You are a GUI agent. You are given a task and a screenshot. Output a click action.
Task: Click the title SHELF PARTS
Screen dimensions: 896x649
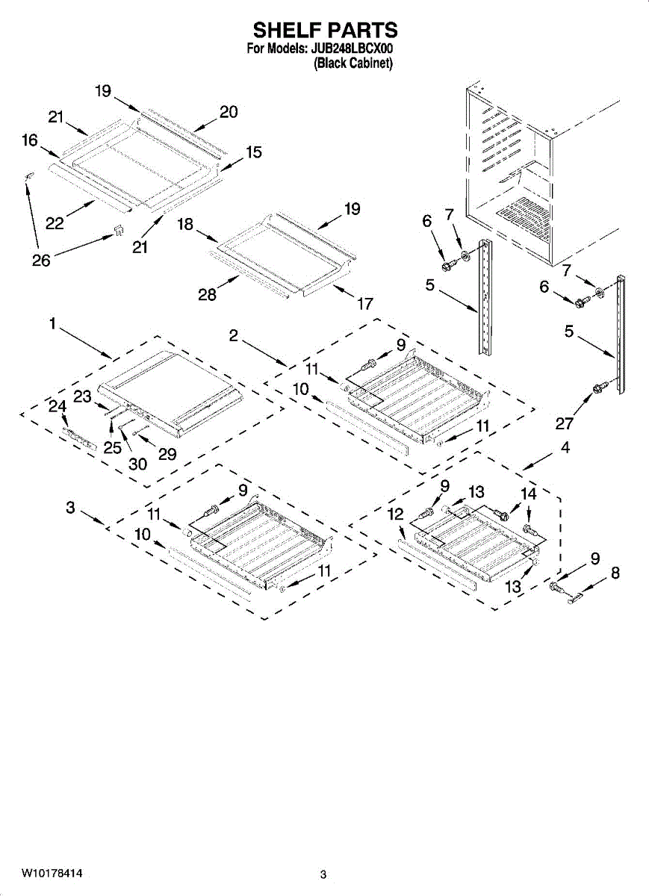324,31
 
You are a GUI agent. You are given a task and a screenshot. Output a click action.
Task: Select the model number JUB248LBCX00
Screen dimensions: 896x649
351,50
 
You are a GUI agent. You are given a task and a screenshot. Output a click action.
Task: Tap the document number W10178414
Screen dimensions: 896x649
52,873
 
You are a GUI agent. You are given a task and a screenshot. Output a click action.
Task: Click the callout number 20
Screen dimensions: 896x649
229,112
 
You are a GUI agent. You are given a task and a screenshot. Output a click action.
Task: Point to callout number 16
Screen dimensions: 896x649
29,140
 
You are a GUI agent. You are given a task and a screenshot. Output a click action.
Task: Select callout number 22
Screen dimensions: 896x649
55,223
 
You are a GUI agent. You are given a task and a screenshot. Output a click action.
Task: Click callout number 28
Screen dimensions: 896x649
207,295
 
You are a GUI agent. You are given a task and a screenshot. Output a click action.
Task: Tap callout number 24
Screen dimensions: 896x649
58,406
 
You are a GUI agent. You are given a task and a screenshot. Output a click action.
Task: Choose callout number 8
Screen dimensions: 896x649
615,573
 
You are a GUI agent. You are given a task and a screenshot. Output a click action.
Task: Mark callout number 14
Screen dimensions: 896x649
528,494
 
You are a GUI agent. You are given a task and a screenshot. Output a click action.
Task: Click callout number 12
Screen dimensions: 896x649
396,514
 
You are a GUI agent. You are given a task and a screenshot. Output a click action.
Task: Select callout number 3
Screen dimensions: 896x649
70,507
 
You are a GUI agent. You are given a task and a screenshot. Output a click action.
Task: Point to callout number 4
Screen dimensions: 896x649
565,447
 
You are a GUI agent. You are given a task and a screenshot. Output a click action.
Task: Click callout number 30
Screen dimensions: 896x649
138,464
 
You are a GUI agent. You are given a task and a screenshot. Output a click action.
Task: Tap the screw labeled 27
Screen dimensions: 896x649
598,388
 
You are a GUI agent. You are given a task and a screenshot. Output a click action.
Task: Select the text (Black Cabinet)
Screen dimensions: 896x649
353,64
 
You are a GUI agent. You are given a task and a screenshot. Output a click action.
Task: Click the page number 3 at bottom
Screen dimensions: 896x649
323,874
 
